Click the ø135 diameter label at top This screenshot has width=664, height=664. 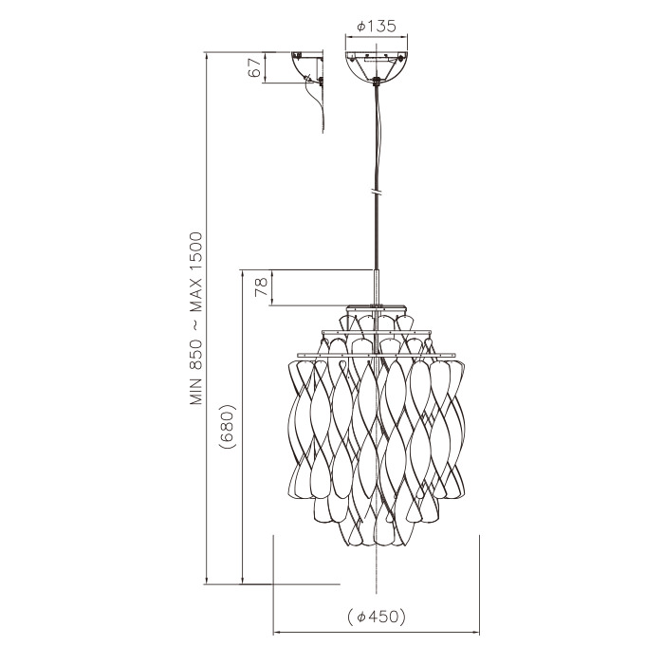tap(377, 27)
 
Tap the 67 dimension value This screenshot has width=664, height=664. tap(254, 67)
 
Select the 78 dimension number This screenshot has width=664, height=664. tap(262, 287)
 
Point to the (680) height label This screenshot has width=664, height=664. tap(227, 426)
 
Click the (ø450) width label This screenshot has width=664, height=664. tap(376, 617)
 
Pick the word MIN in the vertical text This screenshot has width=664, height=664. tap(196, 391)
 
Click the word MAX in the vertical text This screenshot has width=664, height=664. tap(196, 297)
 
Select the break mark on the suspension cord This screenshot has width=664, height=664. tap(377, 193)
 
